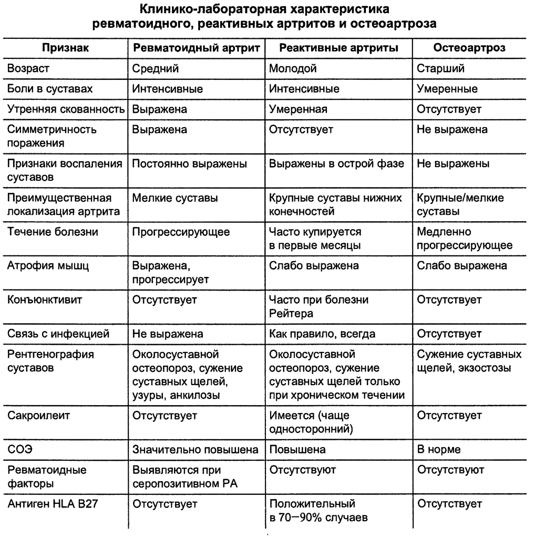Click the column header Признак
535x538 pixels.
(x=66, y=48)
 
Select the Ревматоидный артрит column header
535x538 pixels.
(x=196, y=48)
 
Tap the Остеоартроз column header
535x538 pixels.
(x=469, y=48)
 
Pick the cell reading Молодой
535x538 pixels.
(x=293, y=68)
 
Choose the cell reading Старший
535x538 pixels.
(x=440, y=68)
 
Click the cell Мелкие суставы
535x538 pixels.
(x=175, y=198)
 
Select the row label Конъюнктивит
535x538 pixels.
(x=42, y=299)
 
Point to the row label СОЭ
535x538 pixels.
(x=19, y=450)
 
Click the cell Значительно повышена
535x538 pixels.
(x=195, y=450)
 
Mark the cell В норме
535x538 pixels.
(x=439, y=450)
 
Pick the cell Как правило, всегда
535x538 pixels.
(x=322, y=334)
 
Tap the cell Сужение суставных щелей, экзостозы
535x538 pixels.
(x=469, y=361)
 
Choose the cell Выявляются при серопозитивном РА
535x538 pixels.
(x=184, y=477)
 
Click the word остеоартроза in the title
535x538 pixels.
(x=388, y=24)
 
